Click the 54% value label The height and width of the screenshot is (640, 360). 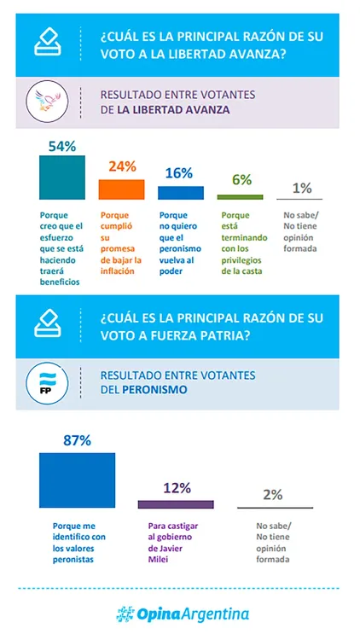pyautogui.click(x=62, y=146)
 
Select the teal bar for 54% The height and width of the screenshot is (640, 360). pyautogui.click(x=62, y=177)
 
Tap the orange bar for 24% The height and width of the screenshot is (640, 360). pyautogui.click(x=122, y=189)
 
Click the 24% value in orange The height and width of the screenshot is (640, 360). pyautogui.click(x=122, y=166)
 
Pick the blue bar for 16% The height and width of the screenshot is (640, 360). pyautogui.click(x=181, y=193)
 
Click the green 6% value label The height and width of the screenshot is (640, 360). pyautogui.click(x=241, y=179)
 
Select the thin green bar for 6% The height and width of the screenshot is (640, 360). pyautogui.click(x=241, y=197)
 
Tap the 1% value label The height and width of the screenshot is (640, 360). pyautogui.click(x=301, y=187)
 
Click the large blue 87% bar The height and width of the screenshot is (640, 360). pyautogui.click(x=77, y=480)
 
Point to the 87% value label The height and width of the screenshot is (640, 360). pyautogui.click(x=77, y=440)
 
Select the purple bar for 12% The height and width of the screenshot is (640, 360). pyautogui.click(x=176, y=504)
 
